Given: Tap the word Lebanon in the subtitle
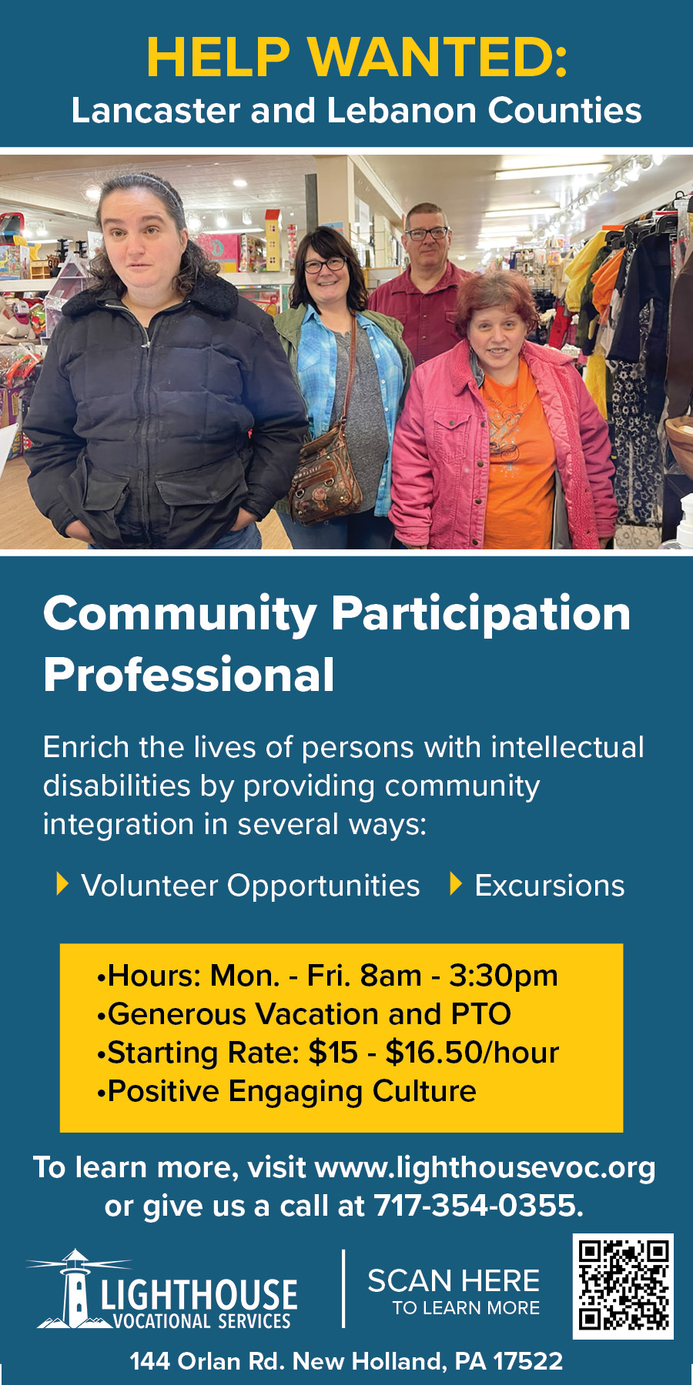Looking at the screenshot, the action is coord(402,110).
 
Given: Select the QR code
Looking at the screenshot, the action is coord(623,1286).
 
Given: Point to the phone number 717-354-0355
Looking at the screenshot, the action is coord(478,1206).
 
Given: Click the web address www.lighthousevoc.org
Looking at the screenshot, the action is coord(485,1168).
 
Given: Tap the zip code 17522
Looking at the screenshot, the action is coord(528,1361).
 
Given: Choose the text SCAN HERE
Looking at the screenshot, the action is coord(454,1281).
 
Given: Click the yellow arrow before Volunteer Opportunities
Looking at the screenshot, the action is coord(63,884).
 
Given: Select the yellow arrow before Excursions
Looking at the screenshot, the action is coord(456,884).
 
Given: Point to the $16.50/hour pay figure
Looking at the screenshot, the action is coord(472,1052).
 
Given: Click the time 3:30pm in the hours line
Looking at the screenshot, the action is coord(504,976).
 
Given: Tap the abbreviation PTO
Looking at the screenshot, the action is coord(480,1014).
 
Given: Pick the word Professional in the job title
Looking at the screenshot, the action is coord(189,675).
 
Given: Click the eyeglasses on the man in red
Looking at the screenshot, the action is coord(427,232).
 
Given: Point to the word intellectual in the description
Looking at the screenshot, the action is coord(567,747).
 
